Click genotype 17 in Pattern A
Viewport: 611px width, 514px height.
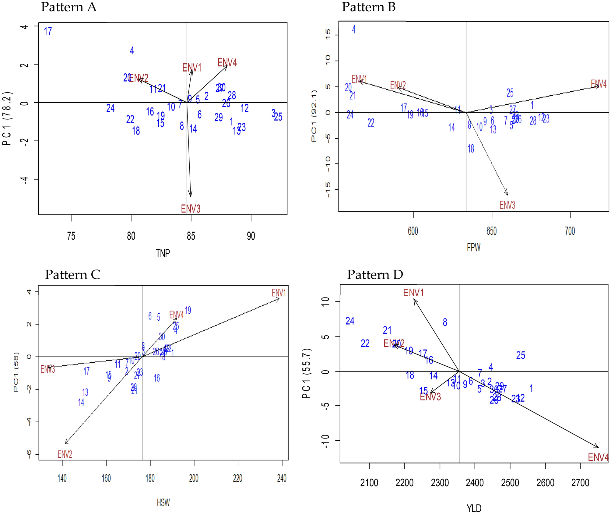coord(48,31)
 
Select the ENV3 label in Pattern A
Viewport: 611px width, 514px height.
coord(191,209)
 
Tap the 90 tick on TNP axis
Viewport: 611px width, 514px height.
coord(251,236)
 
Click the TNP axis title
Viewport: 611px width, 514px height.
coord(163,253)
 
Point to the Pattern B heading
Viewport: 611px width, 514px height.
coord(368,7)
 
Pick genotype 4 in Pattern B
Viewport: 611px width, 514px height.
coord(353,30)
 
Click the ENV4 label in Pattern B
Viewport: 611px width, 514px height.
coord(599,84)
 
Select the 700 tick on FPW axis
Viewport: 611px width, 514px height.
coord(570,231)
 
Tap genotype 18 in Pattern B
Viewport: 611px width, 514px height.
coord(471,149)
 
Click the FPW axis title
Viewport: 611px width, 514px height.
coord(473,248)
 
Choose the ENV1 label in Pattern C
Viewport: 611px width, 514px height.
coord(279,293)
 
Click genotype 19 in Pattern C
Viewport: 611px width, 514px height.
coord(188,311)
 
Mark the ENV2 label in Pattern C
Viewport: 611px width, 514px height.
coord(65,455)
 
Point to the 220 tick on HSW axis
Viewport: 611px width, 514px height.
coord(238,478)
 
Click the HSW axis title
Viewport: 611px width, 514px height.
coord(163,502)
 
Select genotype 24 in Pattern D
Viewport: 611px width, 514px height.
coord(350,321)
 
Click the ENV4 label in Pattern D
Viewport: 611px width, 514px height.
coord(598,457)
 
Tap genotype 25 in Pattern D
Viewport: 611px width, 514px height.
coord(521,355)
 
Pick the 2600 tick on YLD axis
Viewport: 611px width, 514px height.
coord(545,483)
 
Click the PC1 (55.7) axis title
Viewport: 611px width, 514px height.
coord(306,373)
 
